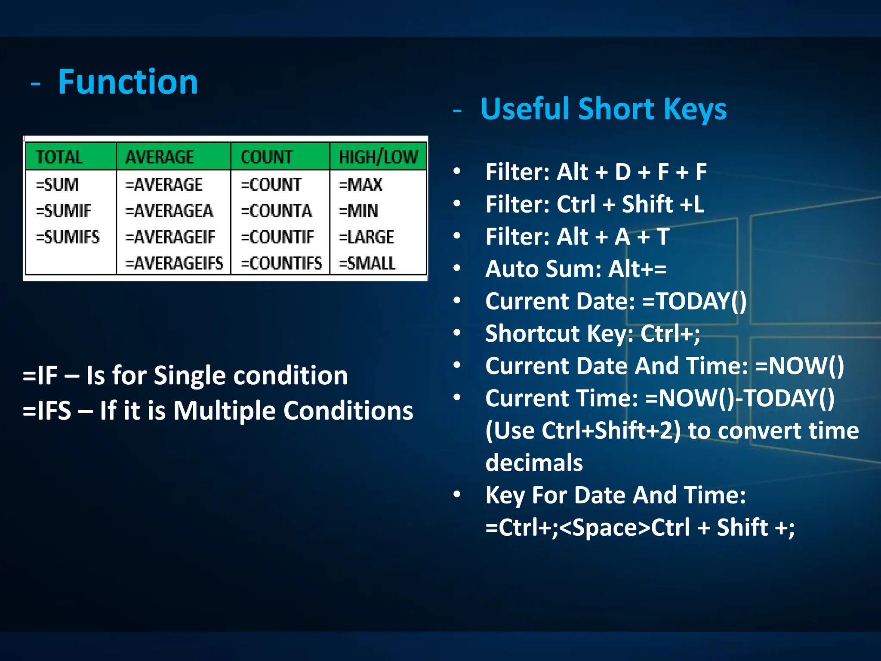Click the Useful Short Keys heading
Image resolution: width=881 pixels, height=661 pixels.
[x=603, y=108]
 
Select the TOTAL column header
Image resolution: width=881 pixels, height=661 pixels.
[x=59, y=157]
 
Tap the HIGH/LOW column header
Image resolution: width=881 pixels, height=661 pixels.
[x=378, y=157]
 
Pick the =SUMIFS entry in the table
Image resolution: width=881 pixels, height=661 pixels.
[x=68, y=237]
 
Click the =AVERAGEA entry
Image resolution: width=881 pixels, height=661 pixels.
[x=169, y=211]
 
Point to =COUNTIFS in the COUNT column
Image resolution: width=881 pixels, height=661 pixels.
[x=281, y=263]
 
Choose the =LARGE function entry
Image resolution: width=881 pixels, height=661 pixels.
[x=366, y=237]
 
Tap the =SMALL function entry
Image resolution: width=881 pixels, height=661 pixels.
[x=367, y=263]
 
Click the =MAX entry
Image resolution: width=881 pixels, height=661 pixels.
[x=360, y=185]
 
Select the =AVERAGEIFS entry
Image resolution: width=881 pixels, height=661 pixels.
[x=174, y=263]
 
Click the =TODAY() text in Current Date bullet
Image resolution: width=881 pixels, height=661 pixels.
[x=694, y=301]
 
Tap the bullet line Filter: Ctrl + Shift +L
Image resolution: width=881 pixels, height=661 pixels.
[x=595, y=204]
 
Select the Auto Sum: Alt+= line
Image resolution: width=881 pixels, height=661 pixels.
[x=576, y=269]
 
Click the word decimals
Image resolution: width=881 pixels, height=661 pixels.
[x=534, y=463]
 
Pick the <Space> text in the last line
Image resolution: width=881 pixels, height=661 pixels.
[x=604, y=528]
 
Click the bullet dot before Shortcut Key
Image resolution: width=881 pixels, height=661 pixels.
[x=457, y=333]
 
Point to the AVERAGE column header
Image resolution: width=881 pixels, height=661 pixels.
[x=160, y=157]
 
